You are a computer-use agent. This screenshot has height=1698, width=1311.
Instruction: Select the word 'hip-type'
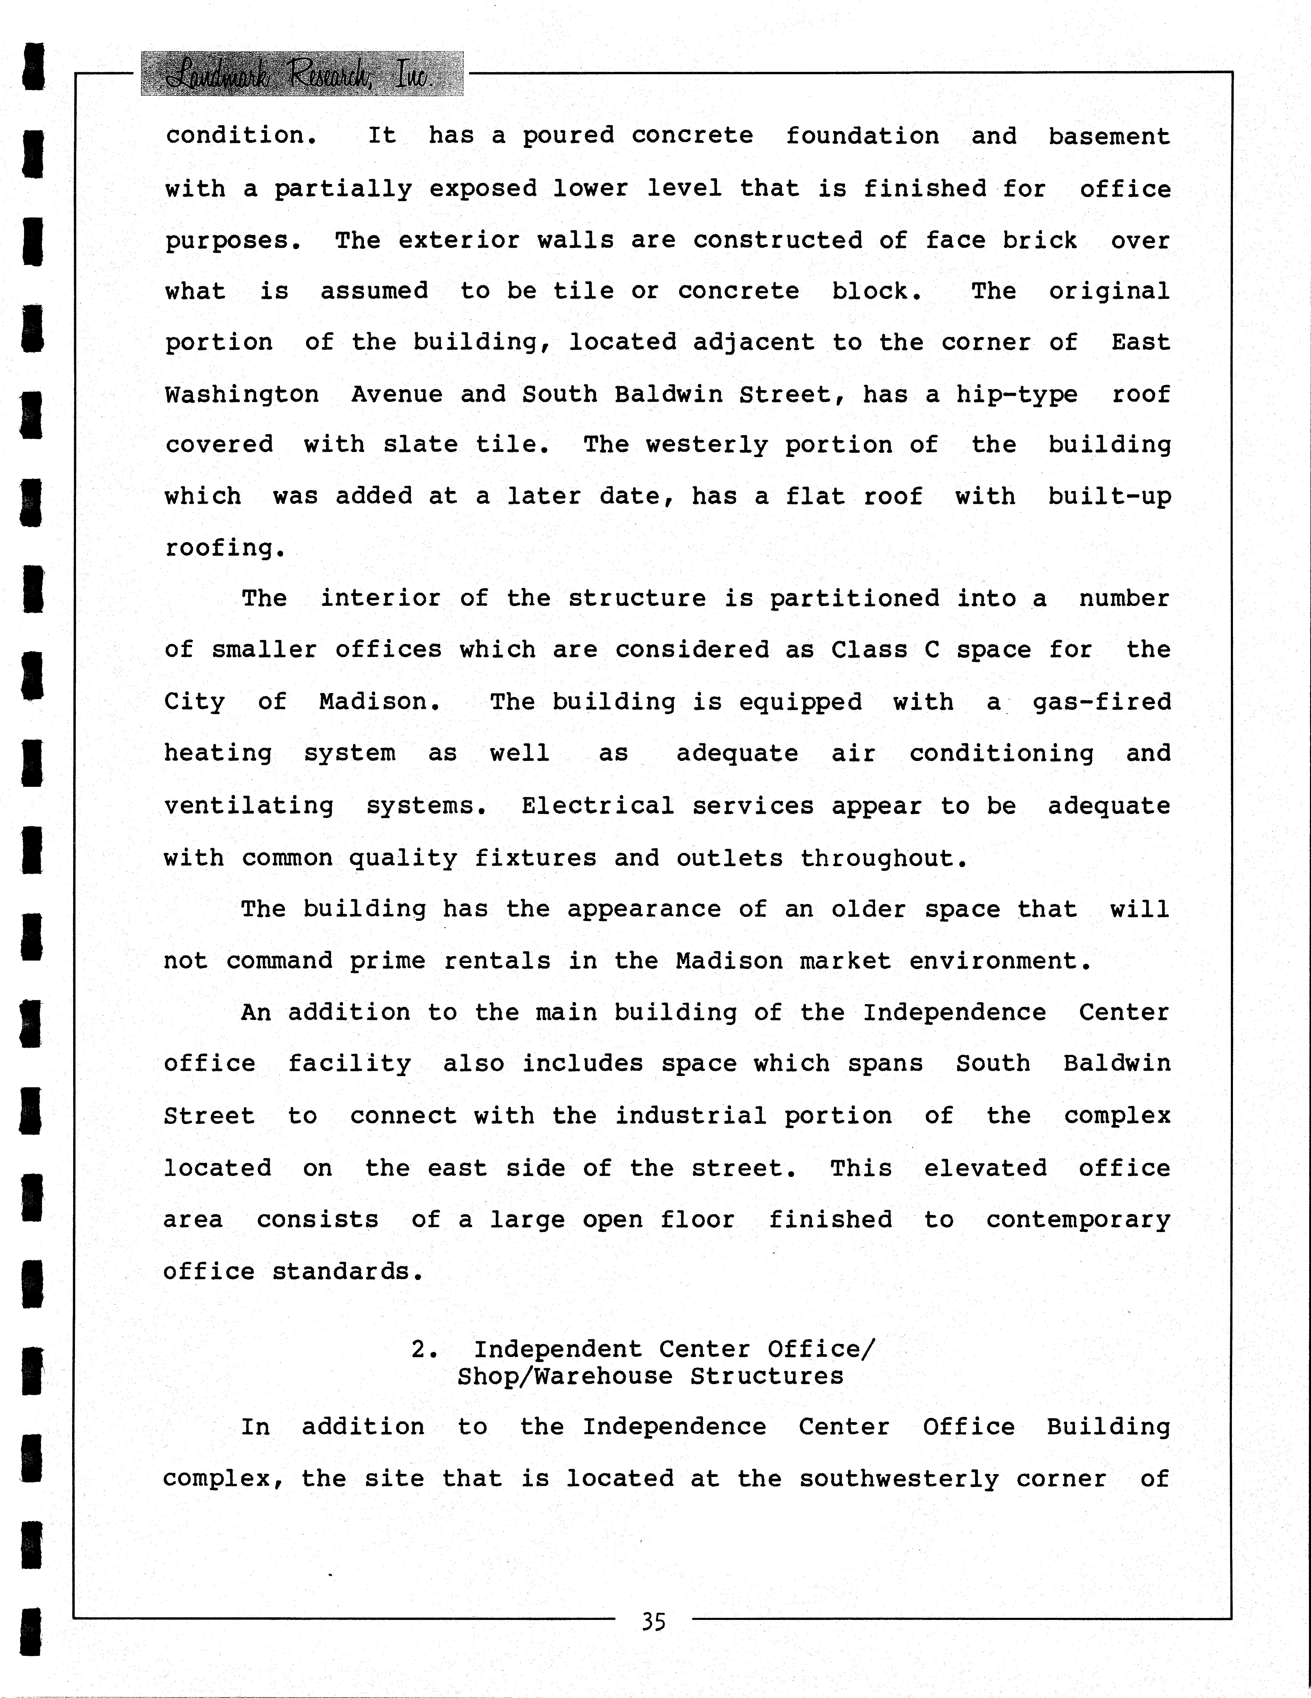point(1017,395)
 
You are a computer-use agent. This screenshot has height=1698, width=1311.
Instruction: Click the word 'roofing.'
point(225,548)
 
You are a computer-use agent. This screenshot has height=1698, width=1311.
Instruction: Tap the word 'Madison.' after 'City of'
point(380,702)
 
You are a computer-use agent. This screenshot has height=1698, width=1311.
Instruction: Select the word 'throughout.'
point(884,858)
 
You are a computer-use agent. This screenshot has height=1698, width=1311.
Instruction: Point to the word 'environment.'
point(1001,961)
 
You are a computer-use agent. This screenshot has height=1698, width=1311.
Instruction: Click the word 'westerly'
point(706,445)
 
